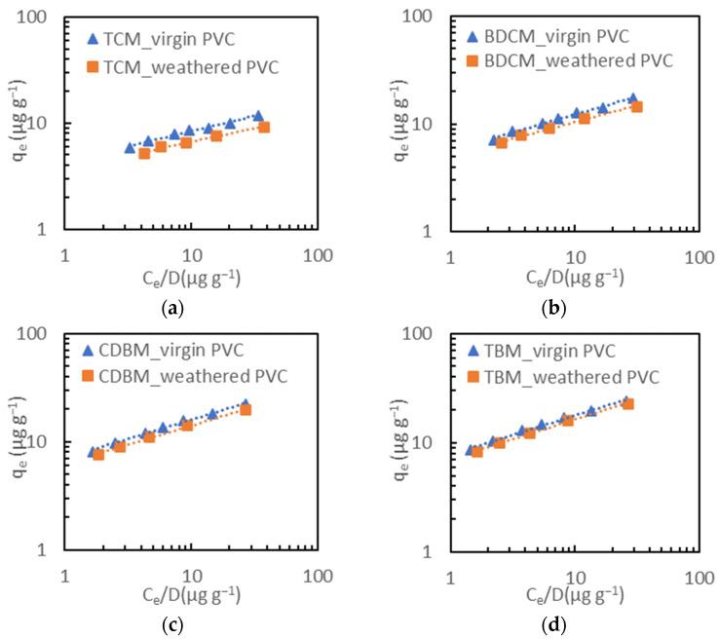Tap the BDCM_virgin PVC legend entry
coord(552,36)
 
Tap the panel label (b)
coord(555,310)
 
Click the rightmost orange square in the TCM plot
coord(264,127)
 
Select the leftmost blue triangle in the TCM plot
coord(130,148)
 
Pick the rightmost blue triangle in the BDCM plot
coord(633,99)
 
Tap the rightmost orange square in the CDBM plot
coord(246,410)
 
